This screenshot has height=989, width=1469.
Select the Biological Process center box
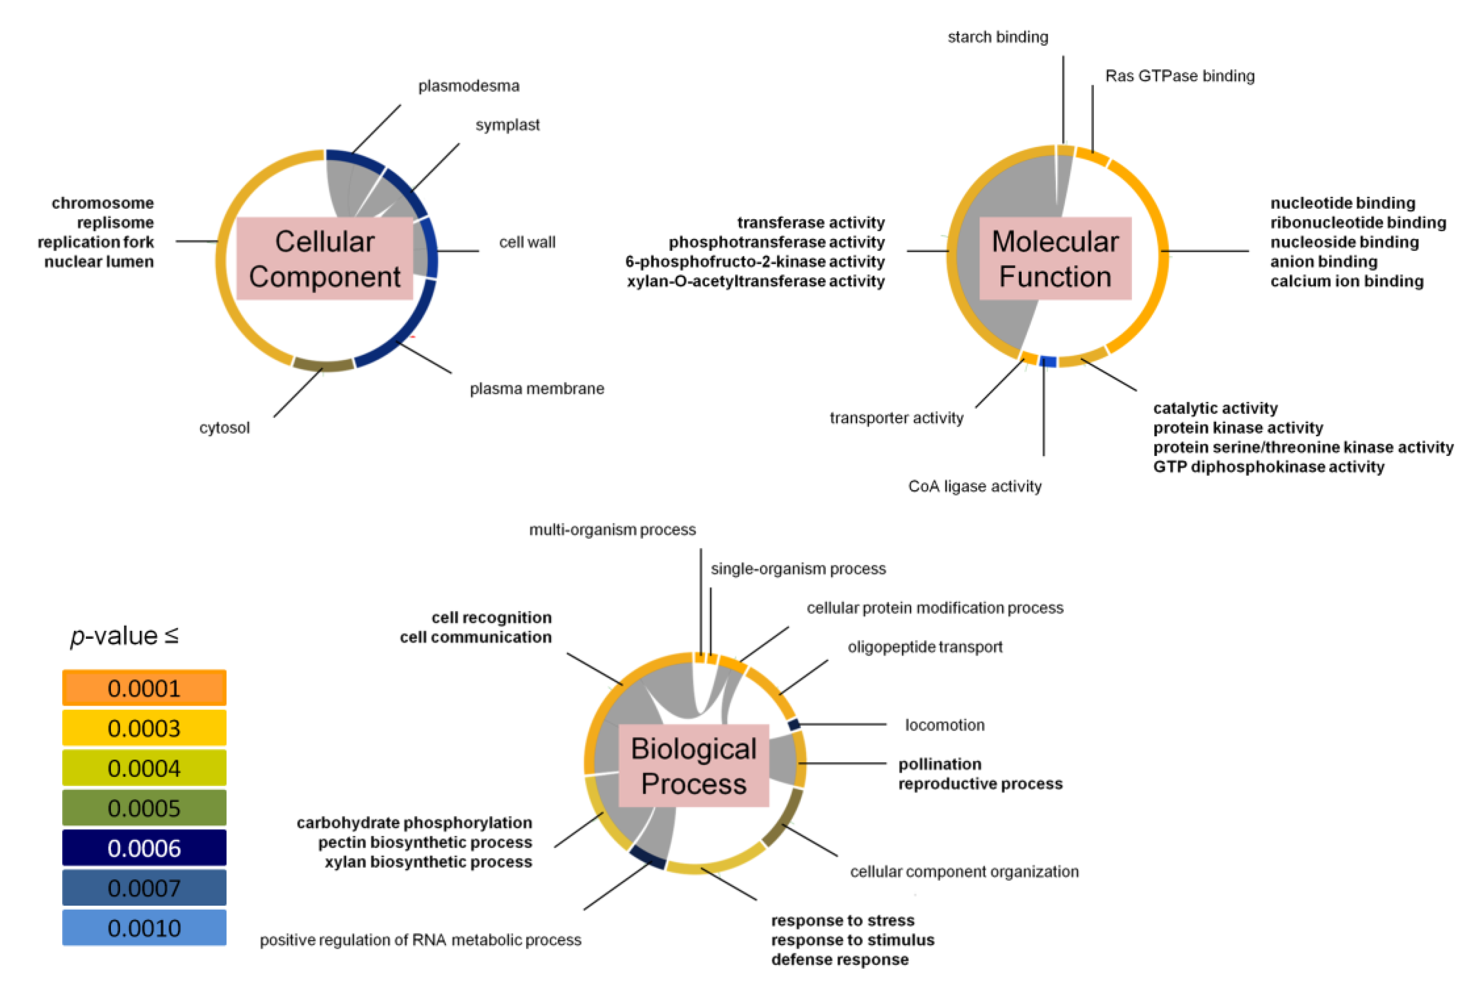tap(693, 766)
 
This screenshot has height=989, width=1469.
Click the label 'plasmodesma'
tap(469, 86)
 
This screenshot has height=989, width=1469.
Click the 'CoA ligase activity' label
tap(974, 486)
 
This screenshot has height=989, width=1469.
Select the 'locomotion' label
tap(944, 725)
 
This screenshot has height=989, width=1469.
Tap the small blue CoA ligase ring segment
tap(1048, 361)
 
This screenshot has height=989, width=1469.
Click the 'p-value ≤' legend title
tap(124, 636)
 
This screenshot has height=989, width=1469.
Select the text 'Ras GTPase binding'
tap(1179, 76)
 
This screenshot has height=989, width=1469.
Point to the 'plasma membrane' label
tap(537, 388)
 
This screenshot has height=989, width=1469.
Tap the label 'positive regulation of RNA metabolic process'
tap(420, 940)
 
